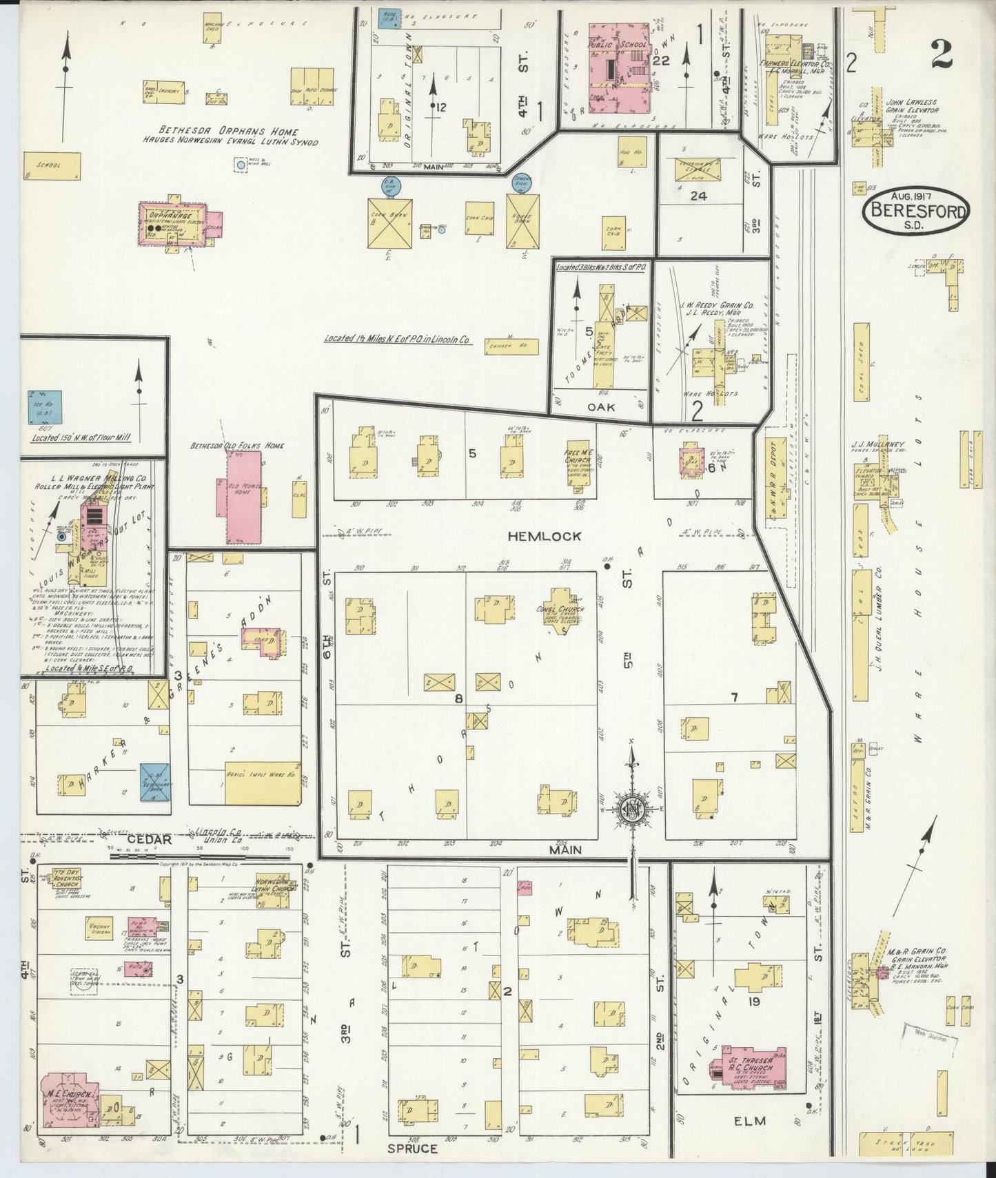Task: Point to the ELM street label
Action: coord(749,1121)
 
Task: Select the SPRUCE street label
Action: coord(413,1148)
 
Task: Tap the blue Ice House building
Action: coord(47,407)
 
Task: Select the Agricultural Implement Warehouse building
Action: coord(263,783)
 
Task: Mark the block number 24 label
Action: coord(699,196)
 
